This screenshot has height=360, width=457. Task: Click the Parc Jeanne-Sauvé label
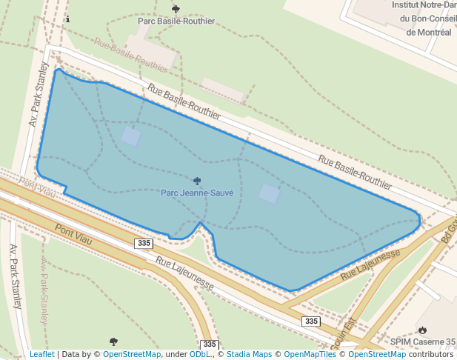point(197,193)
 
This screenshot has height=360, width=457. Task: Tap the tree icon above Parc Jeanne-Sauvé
point(197,180)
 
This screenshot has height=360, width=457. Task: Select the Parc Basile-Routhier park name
point(176,21)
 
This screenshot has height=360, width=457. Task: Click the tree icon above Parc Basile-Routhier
point(176,9)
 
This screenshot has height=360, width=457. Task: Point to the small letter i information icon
point(67,19)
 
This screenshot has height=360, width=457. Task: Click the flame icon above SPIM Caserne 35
point(422,330)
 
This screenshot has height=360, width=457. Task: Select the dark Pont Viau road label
point(73,232)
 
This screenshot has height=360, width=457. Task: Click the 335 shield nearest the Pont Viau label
point(144,244)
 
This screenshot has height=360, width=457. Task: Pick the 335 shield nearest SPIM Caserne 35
point(312,321)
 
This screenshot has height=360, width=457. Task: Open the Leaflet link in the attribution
point(41,355)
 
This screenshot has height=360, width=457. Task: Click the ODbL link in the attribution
point(201,355)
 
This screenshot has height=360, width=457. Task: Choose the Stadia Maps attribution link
point(249,355)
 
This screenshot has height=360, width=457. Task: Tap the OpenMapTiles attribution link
point(310,355)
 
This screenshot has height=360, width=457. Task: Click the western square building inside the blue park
point(131,136)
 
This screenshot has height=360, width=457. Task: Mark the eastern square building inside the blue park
point(270,194)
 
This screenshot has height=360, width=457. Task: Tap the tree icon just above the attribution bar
point(113,341)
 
